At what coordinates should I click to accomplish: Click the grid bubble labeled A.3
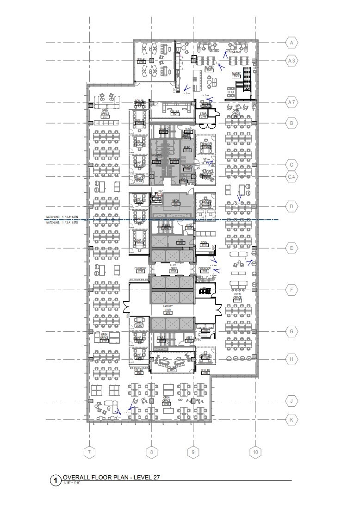point(292,61)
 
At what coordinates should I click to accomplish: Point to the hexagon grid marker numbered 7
point(89,452)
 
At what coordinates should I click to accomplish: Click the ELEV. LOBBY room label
point(174,269)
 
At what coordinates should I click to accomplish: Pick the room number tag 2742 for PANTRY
point(209,70)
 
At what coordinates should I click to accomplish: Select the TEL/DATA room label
point(187,168)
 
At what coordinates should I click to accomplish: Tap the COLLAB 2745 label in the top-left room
point(141,61)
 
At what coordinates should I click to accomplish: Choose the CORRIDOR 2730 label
point(140,270)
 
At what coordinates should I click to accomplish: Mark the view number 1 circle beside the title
point(55,481)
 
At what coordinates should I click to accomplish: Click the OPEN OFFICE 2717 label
point(237,296)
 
